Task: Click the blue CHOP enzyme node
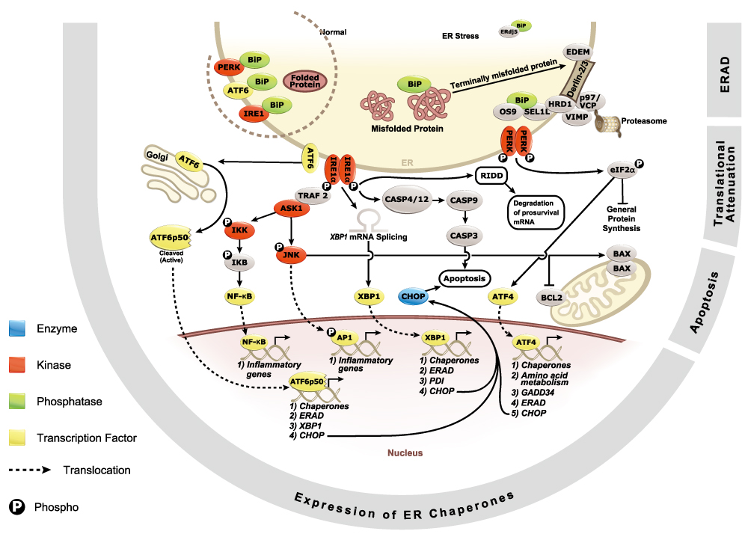coord(413,296)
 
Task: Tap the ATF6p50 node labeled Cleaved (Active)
coord(171,239)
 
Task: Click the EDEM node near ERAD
coord(578,52)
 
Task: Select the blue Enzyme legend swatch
coord(18,328)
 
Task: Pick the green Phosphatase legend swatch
coord(18,402)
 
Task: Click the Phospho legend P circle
coord(17,507)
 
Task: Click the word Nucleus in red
coord(405,453)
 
